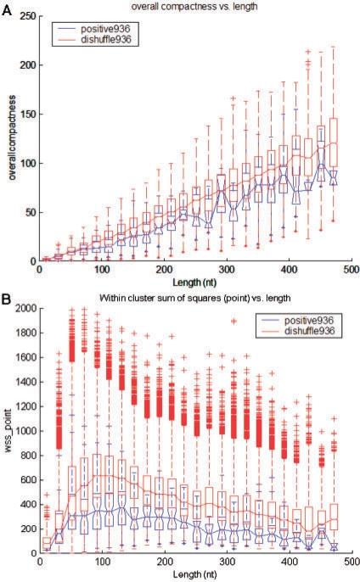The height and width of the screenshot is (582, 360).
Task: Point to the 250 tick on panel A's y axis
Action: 29,17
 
